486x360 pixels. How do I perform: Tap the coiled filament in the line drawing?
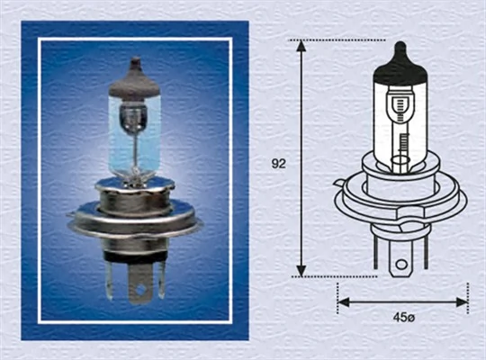[402, 144]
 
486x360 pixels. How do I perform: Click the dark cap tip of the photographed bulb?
[135, 68]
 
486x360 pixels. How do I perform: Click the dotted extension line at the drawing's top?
[346, 40]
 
